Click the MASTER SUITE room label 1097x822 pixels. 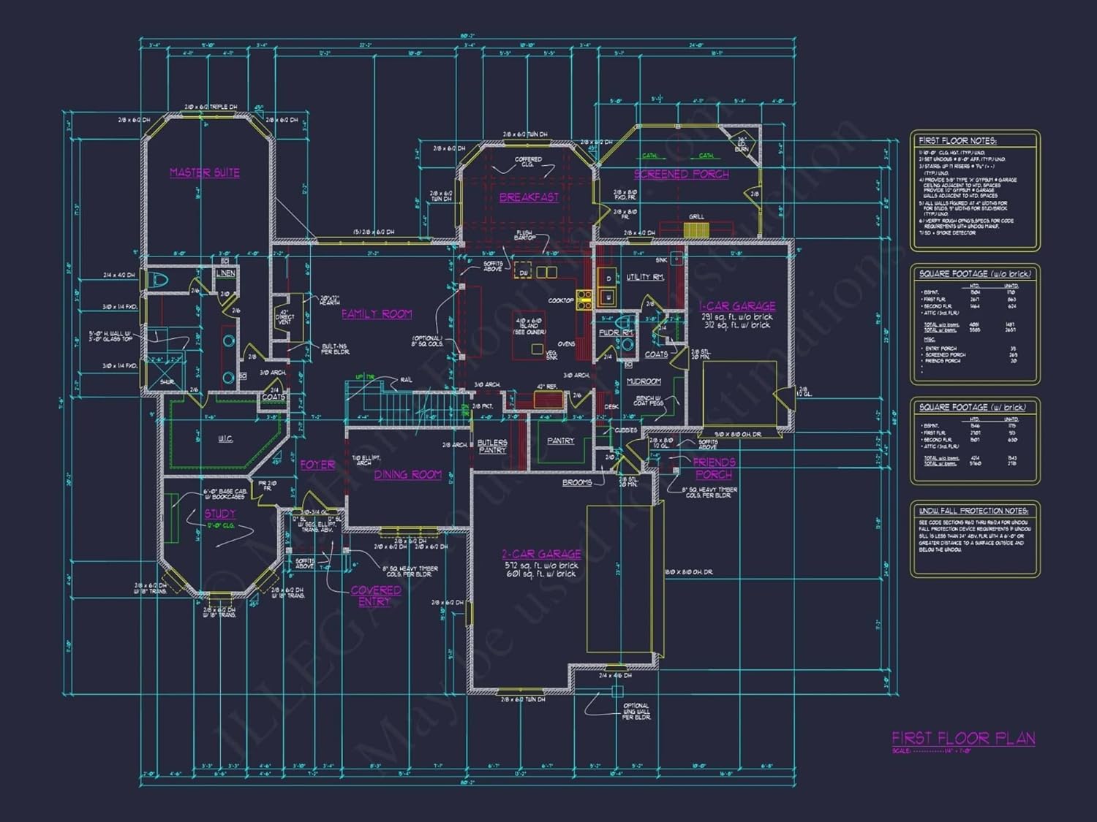point(205,172)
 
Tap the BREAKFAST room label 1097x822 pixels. point(529,197)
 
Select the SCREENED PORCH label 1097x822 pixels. point(681,174)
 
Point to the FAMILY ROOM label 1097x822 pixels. point(377,314)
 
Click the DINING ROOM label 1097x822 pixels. point(408,475)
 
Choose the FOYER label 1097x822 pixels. point(317,465)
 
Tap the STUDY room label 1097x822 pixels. point(219,514)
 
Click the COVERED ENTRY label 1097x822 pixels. point(375,595)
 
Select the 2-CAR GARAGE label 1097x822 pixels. point(541,554)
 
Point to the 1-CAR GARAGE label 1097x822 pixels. point(736,306)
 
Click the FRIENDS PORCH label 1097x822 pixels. point(714,468)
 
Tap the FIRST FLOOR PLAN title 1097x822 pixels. point(963,738)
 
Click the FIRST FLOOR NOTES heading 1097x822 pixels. point(957,140)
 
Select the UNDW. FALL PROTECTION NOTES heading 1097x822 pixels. point(973,511)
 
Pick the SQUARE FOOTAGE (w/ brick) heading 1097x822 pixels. point(972,407)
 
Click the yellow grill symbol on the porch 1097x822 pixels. point(696,230)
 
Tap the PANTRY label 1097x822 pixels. point(561,441)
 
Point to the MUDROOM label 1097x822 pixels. point(644,381)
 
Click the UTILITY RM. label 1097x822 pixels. point(645,277)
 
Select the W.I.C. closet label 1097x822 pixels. point(225,438)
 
